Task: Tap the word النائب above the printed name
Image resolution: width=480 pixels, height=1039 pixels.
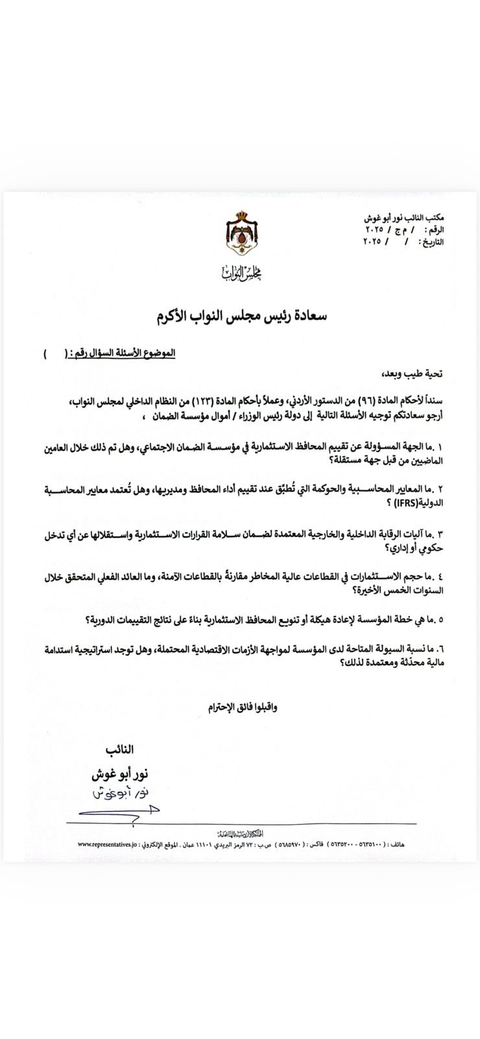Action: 119,749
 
